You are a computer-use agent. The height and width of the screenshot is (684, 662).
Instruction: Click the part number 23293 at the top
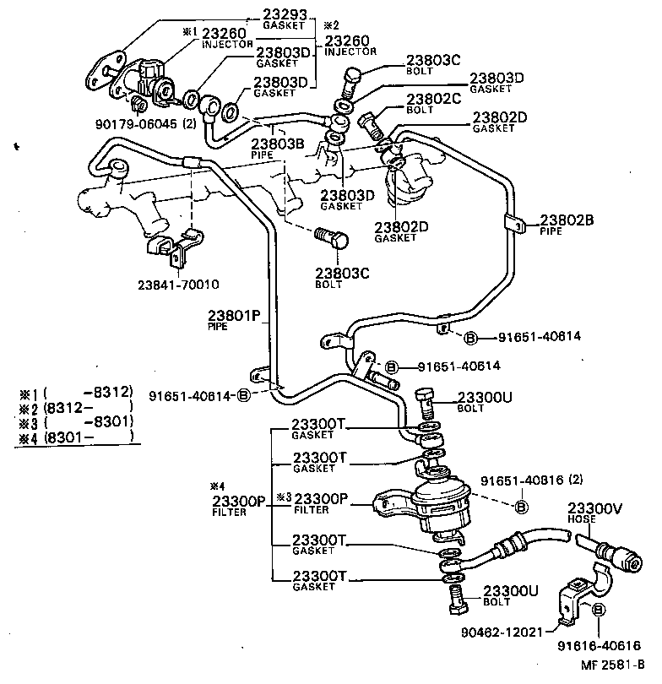(284, 14)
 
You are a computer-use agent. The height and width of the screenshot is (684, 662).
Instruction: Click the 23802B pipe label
(567, 221)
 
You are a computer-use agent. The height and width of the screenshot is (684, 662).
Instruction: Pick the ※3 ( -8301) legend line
(76, 422)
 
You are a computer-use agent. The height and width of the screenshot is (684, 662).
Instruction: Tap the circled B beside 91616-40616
(598, 611)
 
